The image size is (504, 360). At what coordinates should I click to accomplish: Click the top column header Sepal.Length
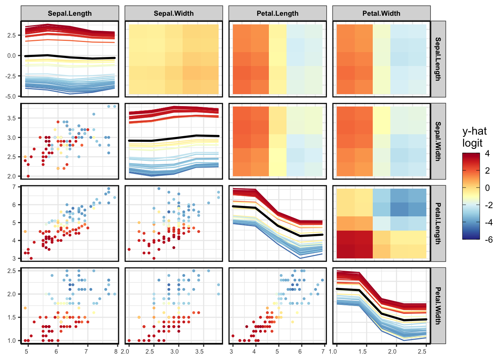70,13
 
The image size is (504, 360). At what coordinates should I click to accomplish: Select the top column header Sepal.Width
174,13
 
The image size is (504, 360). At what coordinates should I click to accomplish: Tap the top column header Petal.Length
277,13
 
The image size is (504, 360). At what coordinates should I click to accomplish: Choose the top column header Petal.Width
381,13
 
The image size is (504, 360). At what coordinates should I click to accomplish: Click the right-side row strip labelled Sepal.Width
438,141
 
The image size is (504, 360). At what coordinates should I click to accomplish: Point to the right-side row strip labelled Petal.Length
438,223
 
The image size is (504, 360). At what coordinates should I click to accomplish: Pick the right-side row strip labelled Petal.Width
438,306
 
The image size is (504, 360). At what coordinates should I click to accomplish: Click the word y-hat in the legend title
474,131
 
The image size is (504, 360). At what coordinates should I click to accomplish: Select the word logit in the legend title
472,143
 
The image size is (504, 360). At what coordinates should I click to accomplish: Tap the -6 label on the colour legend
488,240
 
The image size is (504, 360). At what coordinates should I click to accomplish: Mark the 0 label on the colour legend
487,188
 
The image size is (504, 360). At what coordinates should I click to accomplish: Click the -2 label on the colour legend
488,205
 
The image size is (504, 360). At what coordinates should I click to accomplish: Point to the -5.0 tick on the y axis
11,96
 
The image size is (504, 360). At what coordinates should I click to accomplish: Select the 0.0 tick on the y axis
12,55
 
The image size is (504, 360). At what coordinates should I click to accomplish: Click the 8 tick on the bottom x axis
116,352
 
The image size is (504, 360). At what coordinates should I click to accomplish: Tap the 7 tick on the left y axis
14,187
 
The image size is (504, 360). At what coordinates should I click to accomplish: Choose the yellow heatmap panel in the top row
174,59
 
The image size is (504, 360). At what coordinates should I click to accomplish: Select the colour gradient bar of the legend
471,196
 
